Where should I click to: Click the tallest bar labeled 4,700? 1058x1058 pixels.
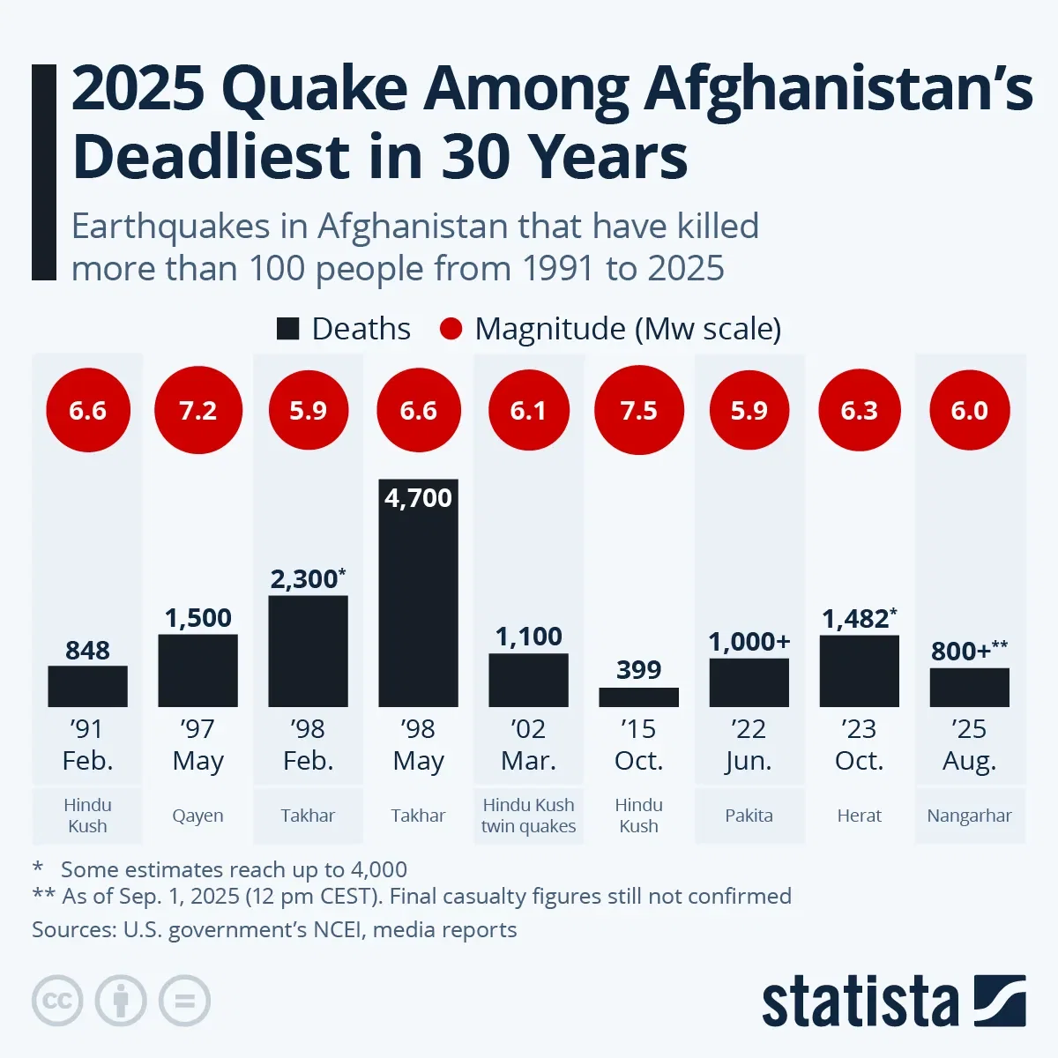418,592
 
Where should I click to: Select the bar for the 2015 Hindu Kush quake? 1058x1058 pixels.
638,697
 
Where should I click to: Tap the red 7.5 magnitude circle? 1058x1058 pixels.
638,411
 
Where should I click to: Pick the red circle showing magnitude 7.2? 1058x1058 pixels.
197,411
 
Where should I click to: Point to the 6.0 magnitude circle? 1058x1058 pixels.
969,411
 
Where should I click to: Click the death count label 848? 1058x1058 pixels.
87,651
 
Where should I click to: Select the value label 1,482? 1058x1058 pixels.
856,619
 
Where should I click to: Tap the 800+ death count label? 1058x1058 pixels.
962,651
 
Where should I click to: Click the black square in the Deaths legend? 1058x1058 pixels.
288,329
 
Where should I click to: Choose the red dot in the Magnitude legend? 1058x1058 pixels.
451,329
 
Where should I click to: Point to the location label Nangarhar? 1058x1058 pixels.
969,816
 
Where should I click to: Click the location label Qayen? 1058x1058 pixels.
197,816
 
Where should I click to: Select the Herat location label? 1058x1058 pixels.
859,816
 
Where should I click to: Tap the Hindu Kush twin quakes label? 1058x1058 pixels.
528,816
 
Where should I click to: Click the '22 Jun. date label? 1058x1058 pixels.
749,744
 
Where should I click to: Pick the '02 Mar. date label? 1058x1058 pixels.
528,744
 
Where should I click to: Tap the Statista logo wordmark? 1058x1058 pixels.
860,1002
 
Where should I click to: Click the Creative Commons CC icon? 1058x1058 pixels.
57,1001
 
